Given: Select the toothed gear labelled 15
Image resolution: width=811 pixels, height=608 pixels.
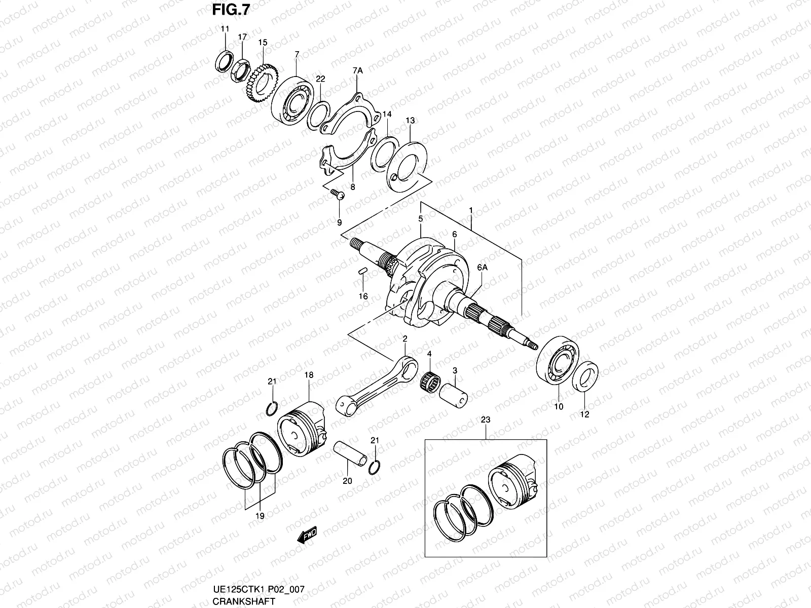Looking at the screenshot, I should click(x=263, y=82).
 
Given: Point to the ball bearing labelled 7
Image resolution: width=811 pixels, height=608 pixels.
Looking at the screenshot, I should click(x=290, y=101).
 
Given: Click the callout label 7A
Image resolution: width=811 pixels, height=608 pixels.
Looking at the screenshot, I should click(x=357, y=71).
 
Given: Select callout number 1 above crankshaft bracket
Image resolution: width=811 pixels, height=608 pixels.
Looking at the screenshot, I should click(x=471, y=210).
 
